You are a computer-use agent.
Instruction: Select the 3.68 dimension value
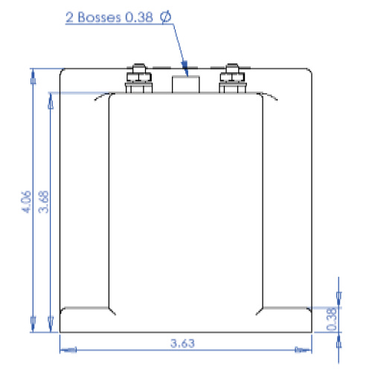pos(44,202)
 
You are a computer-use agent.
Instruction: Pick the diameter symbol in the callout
pos(165,16)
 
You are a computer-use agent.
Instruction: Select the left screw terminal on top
pos(137,79)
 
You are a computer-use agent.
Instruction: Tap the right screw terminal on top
pos(230,79)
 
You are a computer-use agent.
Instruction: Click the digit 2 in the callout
pos(70,16)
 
